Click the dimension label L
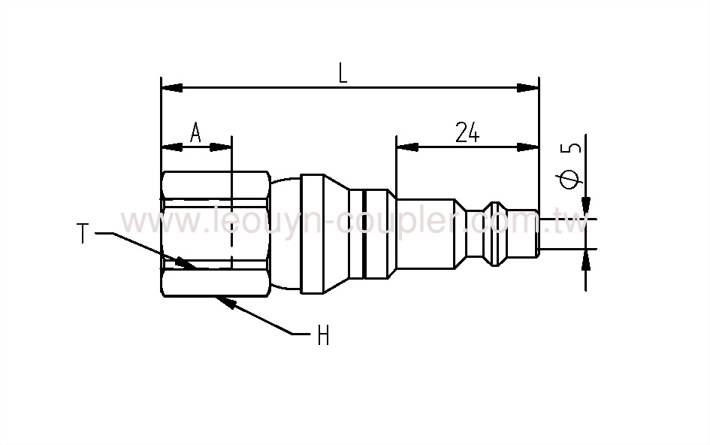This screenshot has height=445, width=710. pyautogui.click(x=343, y=72)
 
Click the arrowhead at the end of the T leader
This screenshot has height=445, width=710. pyautogui.click(x=184, y=263)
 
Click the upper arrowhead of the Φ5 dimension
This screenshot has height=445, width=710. pyautogui.click(x=586, y=207)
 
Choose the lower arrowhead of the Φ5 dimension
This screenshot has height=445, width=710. pyautogui.click(x=586, y=259)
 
